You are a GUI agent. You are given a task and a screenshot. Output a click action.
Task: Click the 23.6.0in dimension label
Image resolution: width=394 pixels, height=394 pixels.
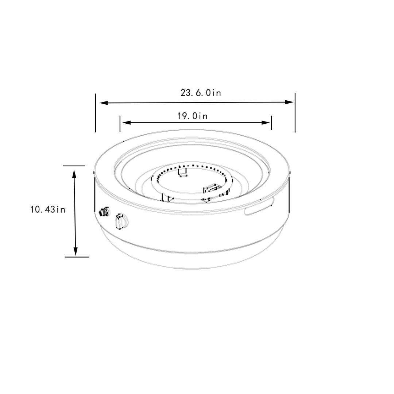pos(201,93)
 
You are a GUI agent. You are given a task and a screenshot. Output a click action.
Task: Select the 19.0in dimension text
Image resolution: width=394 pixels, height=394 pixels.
pos(192,116)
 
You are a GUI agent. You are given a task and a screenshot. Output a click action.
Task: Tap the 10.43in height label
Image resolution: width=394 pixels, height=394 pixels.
pos(48,210)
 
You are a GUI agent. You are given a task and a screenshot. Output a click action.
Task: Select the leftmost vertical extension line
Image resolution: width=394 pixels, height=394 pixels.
pos(96,113)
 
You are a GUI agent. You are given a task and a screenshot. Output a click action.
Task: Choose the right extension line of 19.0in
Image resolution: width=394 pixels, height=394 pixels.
pos(271,123)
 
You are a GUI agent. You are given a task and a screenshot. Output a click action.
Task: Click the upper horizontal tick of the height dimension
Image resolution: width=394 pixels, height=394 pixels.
pos(74,166)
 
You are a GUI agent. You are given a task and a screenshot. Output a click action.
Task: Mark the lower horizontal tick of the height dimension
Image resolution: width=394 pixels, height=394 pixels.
pos(77,257)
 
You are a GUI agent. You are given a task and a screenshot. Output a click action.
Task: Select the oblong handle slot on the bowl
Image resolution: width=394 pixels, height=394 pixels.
pos(259,210)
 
